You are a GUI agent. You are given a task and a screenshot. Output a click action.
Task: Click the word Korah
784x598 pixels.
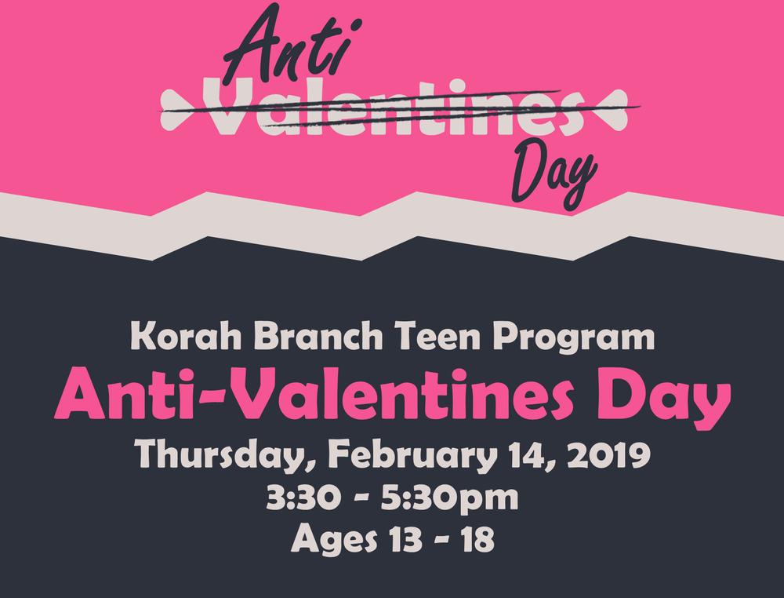[186, 336]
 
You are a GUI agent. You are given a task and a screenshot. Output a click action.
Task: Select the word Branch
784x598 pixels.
[318, 335]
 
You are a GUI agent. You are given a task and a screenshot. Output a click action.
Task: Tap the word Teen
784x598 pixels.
[437, 336]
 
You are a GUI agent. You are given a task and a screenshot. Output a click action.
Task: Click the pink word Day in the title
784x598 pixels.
[664, 399]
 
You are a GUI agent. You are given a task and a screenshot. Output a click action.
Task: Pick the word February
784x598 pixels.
[413, 455]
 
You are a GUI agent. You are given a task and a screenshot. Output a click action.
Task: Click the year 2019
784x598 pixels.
[608, 455]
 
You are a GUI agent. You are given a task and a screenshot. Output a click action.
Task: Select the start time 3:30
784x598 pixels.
[303, 498]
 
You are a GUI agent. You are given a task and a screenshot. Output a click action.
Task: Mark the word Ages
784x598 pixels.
[333, 539]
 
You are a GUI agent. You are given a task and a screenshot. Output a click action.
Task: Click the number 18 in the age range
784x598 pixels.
[477, 539]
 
